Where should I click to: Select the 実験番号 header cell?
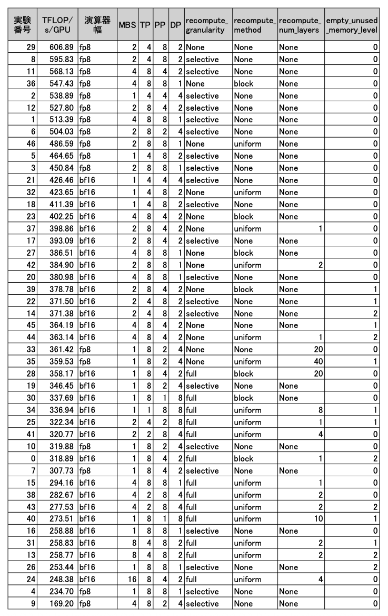click(x=23, y=25)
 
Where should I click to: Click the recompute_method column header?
click(x=255, y=25)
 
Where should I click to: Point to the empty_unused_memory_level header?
click(x=352, y=25)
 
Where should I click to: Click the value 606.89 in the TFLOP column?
click(x=58, y=47)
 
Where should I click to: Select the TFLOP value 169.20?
click(x=58, y=604)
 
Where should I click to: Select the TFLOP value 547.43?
click(x=58, y=83)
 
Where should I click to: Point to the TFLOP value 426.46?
click(x=58, y=180)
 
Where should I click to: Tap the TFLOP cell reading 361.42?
click(x=58, y=350)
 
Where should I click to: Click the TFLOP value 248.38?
click(x=58, y=580)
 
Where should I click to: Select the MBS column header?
click(x=127, y=25)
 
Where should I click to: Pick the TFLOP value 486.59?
click(x=58, y=144)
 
